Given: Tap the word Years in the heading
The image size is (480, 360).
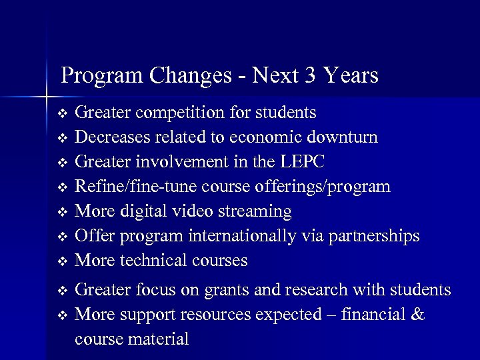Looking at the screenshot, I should coord(351,75).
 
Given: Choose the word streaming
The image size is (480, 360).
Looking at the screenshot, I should coord(255,212).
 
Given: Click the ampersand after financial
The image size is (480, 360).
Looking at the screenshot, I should coord(417,314).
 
